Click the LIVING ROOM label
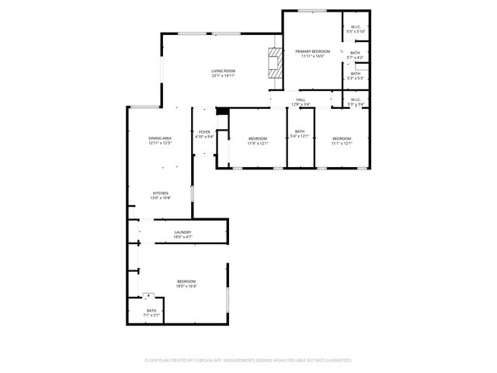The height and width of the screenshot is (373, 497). coord(223,71)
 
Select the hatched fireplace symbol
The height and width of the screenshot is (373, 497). coord(274,61)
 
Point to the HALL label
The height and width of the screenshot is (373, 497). coord(301,99)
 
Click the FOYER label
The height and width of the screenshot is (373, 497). coord(204,132)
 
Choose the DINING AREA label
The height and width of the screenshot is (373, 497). coord(160,138)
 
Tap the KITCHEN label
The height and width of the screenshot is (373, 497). coord(161,193)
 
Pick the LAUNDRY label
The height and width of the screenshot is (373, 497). coord(182,232)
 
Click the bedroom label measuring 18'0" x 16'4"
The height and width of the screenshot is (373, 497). coord(186,281)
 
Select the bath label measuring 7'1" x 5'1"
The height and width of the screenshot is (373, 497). coord(151,311)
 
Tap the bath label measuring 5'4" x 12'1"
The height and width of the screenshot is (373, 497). coord(300,132)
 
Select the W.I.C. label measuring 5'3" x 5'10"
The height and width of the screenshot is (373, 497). coord(356,27)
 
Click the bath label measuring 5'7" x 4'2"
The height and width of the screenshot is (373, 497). coord(355,53)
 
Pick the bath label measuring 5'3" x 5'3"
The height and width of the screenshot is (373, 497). coord(355,74)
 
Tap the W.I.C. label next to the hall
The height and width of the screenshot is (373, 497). coord(355,99)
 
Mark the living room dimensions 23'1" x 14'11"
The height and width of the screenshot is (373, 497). coord(223,75)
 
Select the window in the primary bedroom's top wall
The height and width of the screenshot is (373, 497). coord(313,10)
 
